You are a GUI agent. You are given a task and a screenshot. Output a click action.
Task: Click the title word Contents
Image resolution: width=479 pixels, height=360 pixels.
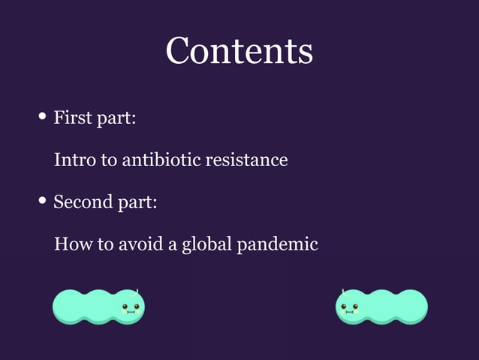(x=239, y=51)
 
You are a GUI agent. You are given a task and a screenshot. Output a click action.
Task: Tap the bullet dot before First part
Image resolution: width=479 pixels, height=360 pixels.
(x=43, y=117)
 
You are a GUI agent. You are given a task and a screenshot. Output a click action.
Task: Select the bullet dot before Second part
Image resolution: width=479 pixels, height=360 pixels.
(x=43, y=201)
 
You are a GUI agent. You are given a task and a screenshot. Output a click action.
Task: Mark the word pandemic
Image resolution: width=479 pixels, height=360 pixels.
(x=277, y=245)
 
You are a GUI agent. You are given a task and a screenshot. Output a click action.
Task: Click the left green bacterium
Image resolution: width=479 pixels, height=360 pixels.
(x=98, y=307)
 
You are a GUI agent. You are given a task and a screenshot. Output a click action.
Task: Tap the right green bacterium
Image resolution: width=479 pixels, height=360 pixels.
(x=381, y=307)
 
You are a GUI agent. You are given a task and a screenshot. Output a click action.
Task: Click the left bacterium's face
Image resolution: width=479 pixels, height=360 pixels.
(x=130, y=307)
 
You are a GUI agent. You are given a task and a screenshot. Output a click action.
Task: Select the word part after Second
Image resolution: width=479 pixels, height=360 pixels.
(x=137, y=203)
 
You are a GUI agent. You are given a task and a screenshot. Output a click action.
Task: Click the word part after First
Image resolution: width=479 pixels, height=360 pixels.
(x=116, y=119)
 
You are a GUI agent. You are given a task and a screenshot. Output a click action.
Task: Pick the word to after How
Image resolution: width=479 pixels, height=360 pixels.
(x=105, y=244)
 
